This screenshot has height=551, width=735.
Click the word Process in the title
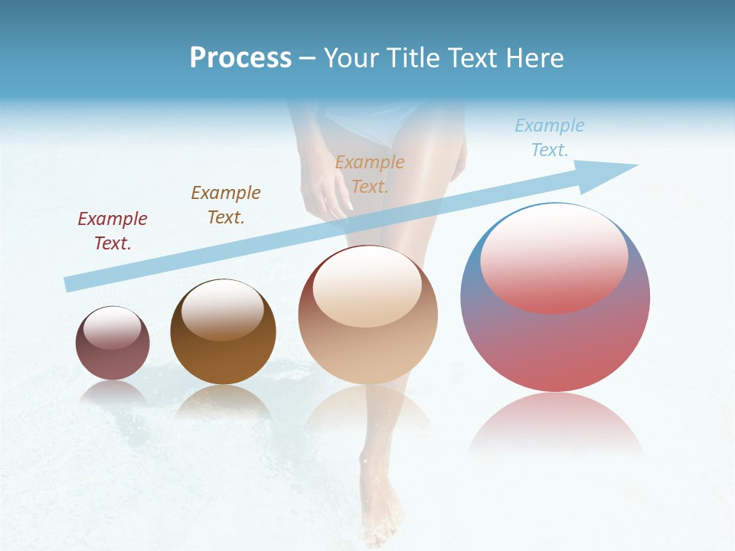[x=240, y=58]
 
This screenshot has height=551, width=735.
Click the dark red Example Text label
[x=113, y=231]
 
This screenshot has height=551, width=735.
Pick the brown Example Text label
[x=226, y=205]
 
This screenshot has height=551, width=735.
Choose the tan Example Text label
[x=370, y=174]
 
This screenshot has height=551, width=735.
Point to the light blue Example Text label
[x=549, y=138]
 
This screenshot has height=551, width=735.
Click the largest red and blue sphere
[x=555, y=337]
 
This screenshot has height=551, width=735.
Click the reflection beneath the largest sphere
[x=555, y=425]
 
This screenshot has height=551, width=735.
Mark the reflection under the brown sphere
[x=223, y=402]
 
